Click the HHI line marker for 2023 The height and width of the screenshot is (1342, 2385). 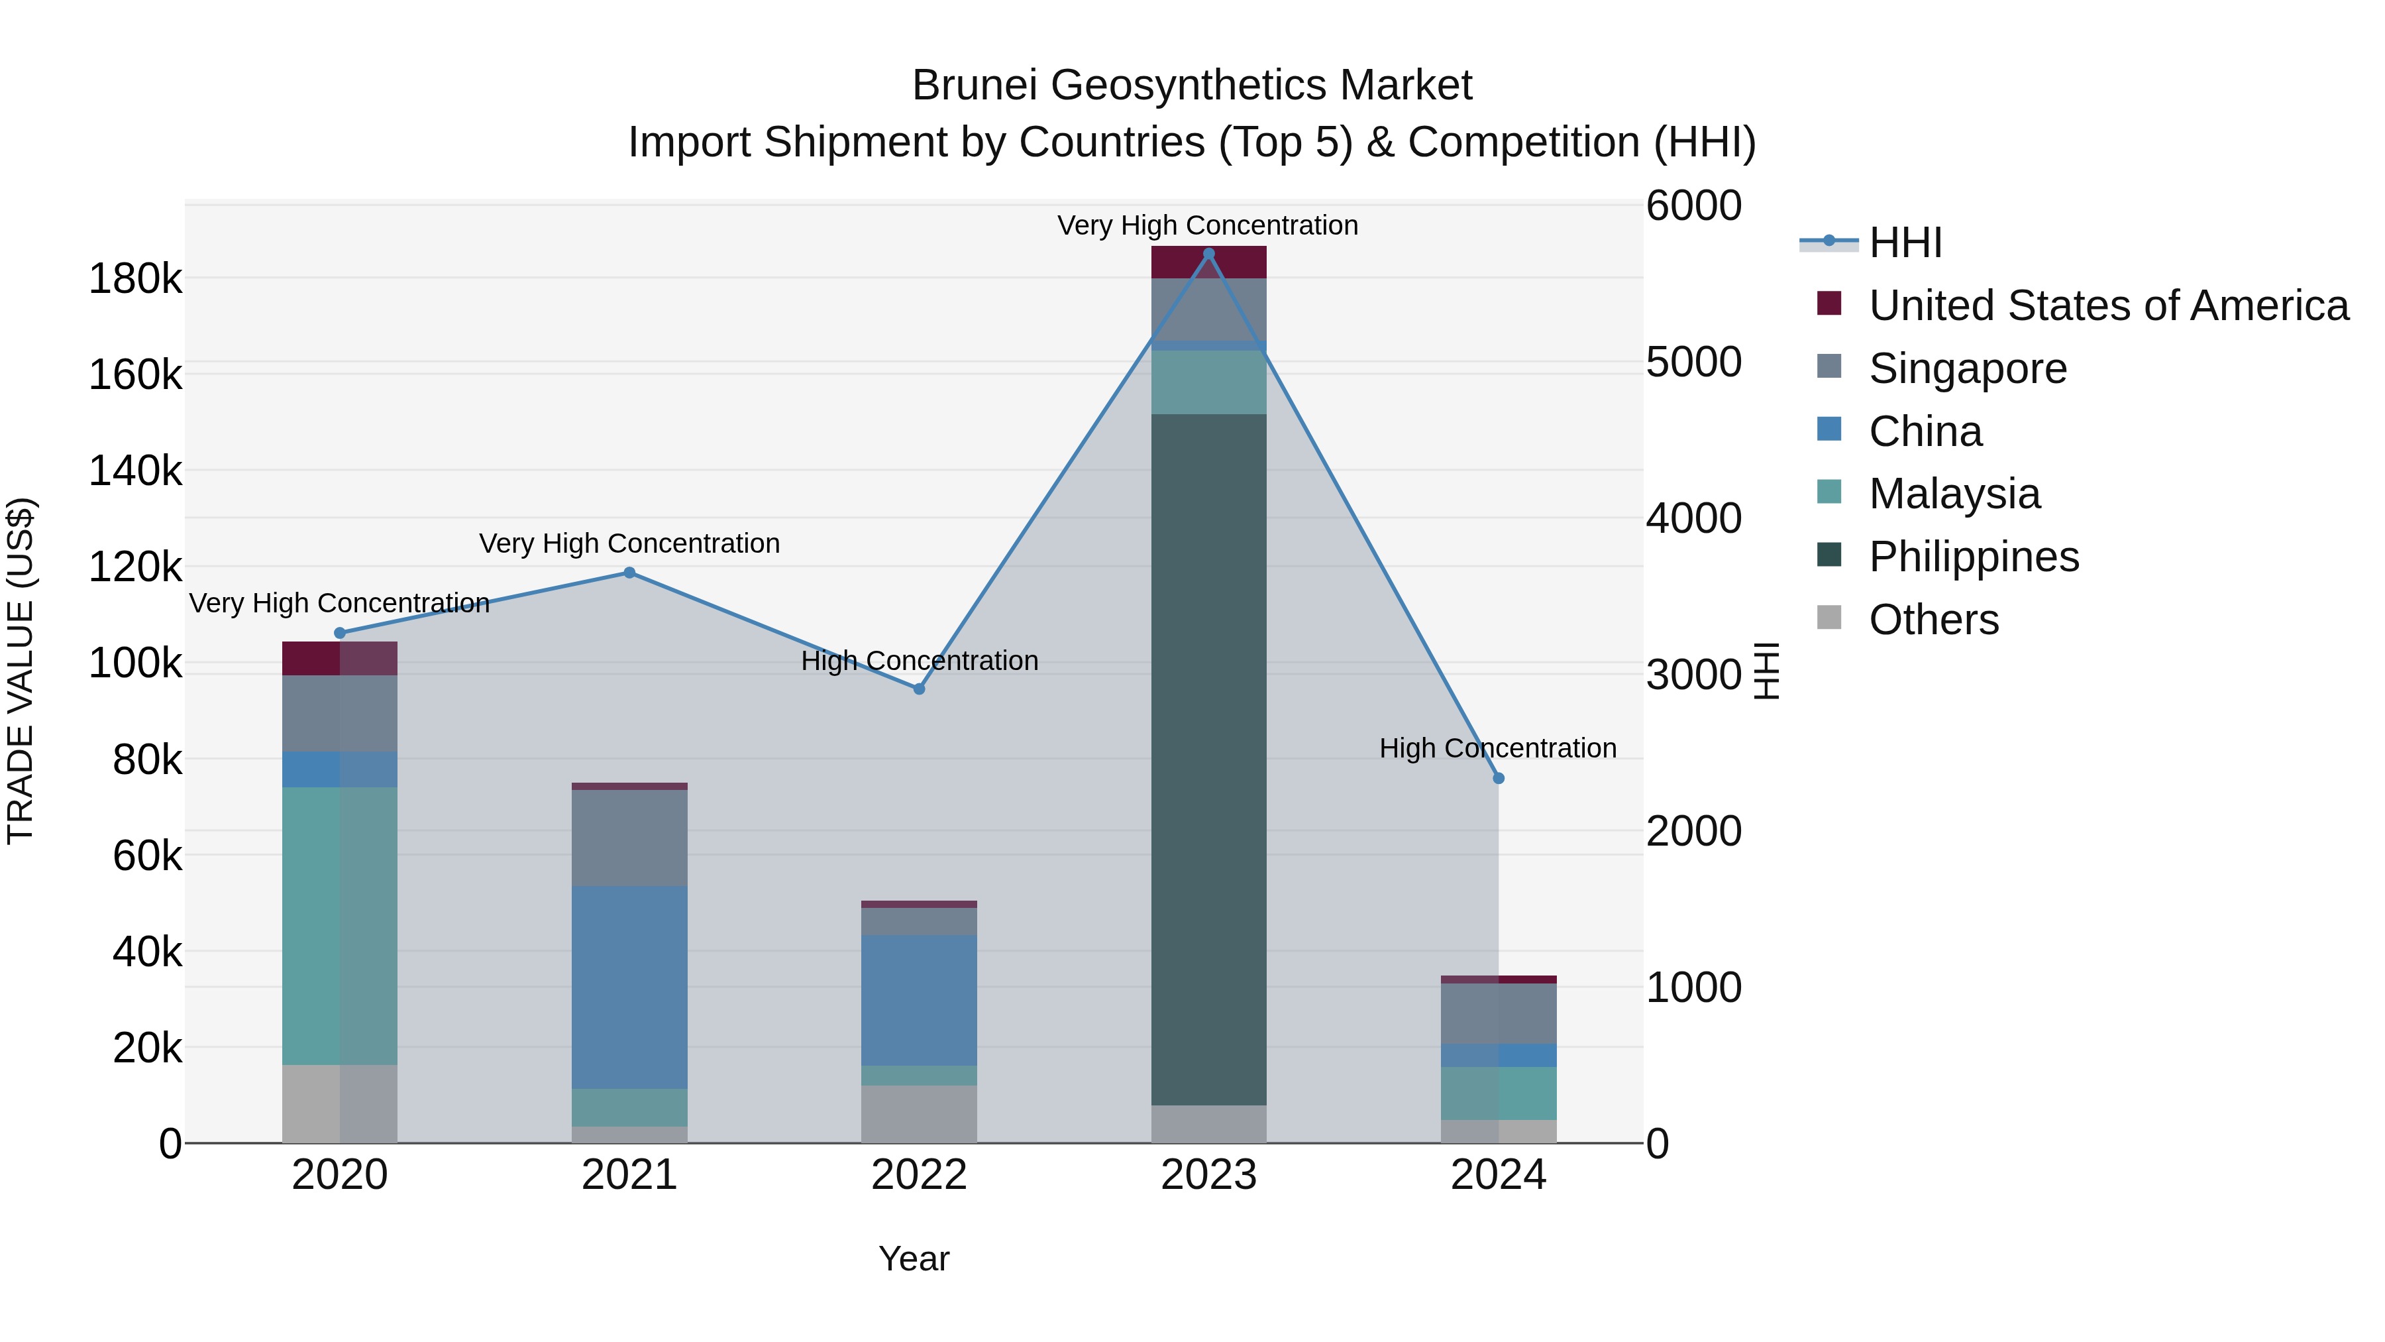coord(1208,254)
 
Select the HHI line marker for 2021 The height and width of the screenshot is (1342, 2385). coord(629,573)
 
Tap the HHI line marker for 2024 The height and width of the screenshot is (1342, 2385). coord(1499,779)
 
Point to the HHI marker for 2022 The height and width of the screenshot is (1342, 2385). coord(920,689)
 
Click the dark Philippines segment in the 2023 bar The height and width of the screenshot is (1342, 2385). coord(1208,759)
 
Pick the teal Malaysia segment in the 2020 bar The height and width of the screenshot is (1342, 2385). coord(340,926)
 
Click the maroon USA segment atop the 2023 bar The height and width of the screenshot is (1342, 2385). coord(1208,262)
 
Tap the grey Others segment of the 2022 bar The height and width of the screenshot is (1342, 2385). coord(920,1114)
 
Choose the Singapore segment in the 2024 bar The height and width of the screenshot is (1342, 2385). coord(1499,1014)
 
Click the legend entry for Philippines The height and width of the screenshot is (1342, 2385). coord(1973,557)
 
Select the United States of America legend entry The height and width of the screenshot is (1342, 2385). coord(2108,306)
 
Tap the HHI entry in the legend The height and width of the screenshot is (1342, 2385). coord(1905,243)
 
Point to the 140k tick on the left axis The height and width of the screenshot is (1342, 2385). coord(135,471)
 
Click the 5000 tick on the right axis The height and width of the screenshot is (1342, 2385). coord(1693,362)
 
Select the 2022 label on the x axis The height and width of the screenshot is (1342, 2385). coord(920,1175)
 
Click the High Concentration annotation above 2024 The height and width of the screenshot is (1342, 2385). coord(1497,748)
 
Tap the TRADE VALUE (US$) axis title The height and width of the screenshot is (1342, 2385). coord(21,671)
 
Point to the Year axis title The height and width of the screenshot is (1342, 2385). coord(914,1258)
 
